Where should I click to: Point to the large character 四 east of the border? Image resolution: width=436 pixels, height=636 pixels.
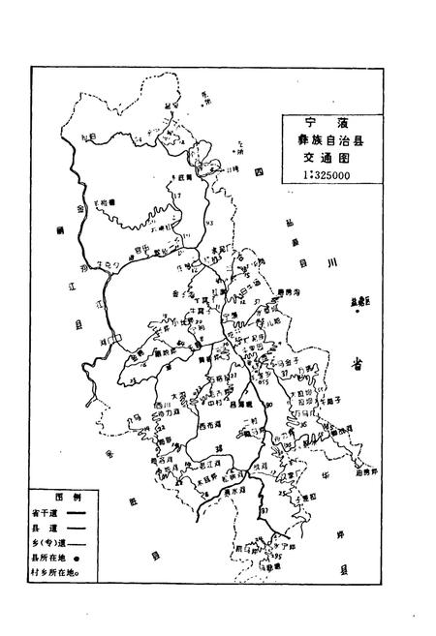pyautogui.click(x=259, y=172)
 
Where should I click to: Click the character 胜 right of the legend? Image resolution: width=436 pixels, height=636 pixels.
pyautogui.click(x=130, y=503)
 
